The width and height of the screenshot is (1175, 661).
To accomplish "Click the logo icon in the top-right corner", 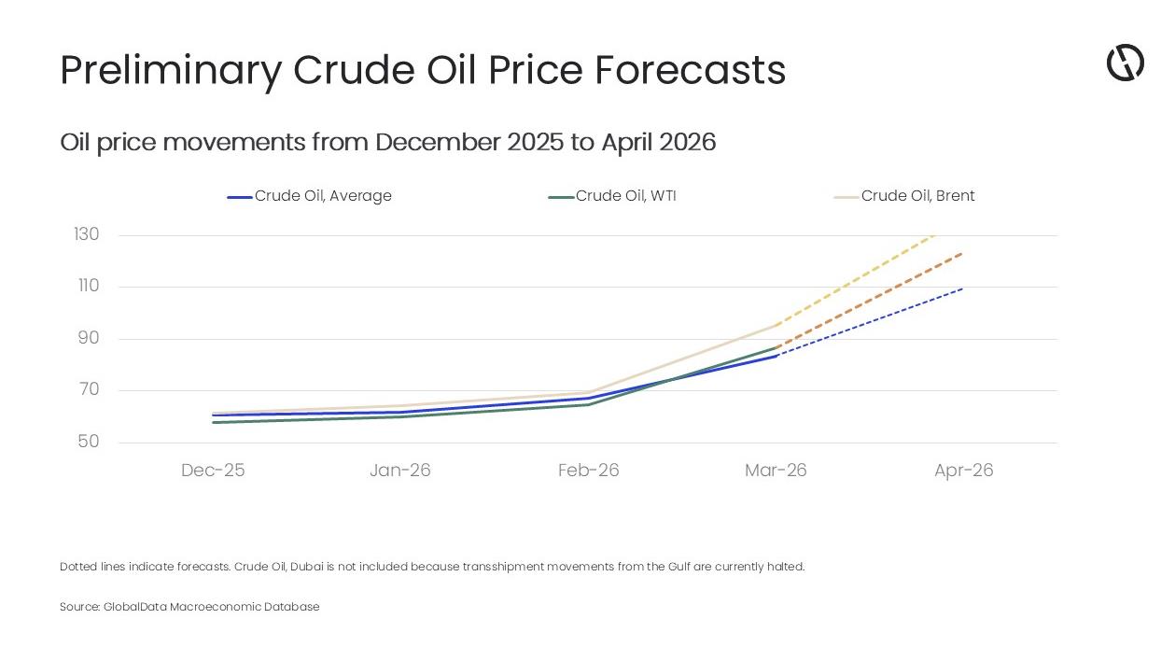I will click(1125, 63).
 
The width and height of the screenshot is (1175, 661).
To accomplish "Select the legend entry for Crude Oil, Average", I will click(310, 196).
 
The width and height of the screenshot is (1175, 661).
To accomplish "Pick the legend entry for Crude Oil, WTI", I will click(612, 196).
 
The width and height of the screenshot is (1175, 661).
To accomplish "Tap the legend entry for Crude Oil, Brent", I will click(904, 196).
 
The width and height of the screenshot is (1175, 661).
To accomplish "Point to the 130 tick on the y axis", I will click(87, 234).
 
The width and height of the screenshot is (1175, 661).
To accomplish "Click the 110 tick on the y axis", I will click(87, 286).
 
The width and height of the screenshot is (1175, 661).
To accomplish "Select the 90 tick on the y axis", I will click(88, 338).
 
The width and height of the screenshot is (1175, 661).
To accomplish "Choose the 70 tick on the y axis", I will click(88, 389).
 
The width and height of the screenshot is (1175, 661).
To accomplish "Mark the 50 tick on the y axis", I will click(88, 442).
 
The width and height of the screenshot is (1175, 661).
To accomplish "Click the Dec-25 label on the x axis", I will click(213, 471).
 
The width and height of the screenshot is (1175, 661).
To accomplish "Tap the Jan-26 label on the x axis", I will click(400, 471).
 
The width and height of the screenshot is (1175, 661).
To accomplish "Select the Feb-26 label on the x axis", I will click(588, 471).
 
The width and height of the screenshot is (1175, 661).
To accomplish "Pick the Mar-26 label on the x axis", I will click(776, 471).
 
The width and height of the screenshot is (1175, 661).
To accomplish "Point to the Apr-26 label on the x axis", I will click(963, 471).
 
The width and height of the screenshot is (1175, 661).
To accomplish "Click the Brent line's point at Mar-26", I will click(776, 325).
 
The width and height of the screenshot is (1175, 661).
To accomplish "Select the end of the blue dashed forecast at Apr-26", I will click(962, 288).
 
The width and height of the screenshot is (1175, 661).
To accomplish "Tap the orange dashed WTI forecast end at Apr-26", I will click(962, 252).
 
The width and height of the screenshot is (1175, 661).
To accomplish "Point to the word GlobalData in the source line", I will click(135, 607).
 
